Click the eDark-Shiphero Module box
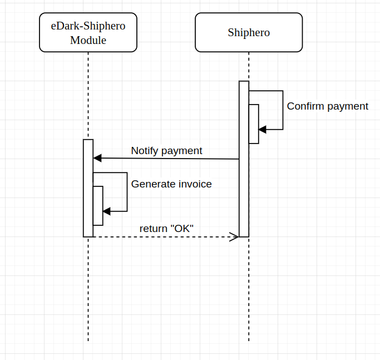pyautogui.click(x=88, y=32)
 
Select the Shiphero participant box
pyautogui.click(x=249, y=32)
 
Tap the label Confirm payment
pyautogui.click(x=327, y=106)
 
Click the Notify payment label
pyautogui.click(x=166, y=151)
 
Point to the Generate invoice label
pyautogui.click(x=171, y=184)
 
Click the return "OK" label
pyautogui.click(x=166, y=228)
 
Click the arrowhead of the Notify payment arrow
pyautogui.click(x=97, y=158)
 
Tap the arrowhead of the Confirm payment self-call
pyautogui.click(x=263, y=129)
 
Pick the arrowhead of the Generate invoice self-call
pyautogui.click(x=107, y=211)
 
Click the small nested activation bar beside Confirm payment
pyautogui.click(x=254, y=124)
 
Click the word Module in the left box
pyautogui.click(x=88, y=40)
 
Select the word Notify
pyautogui.click(x=145, y=151)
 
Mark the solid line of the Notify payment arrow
pyautogui.click(x=167, y=159)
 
